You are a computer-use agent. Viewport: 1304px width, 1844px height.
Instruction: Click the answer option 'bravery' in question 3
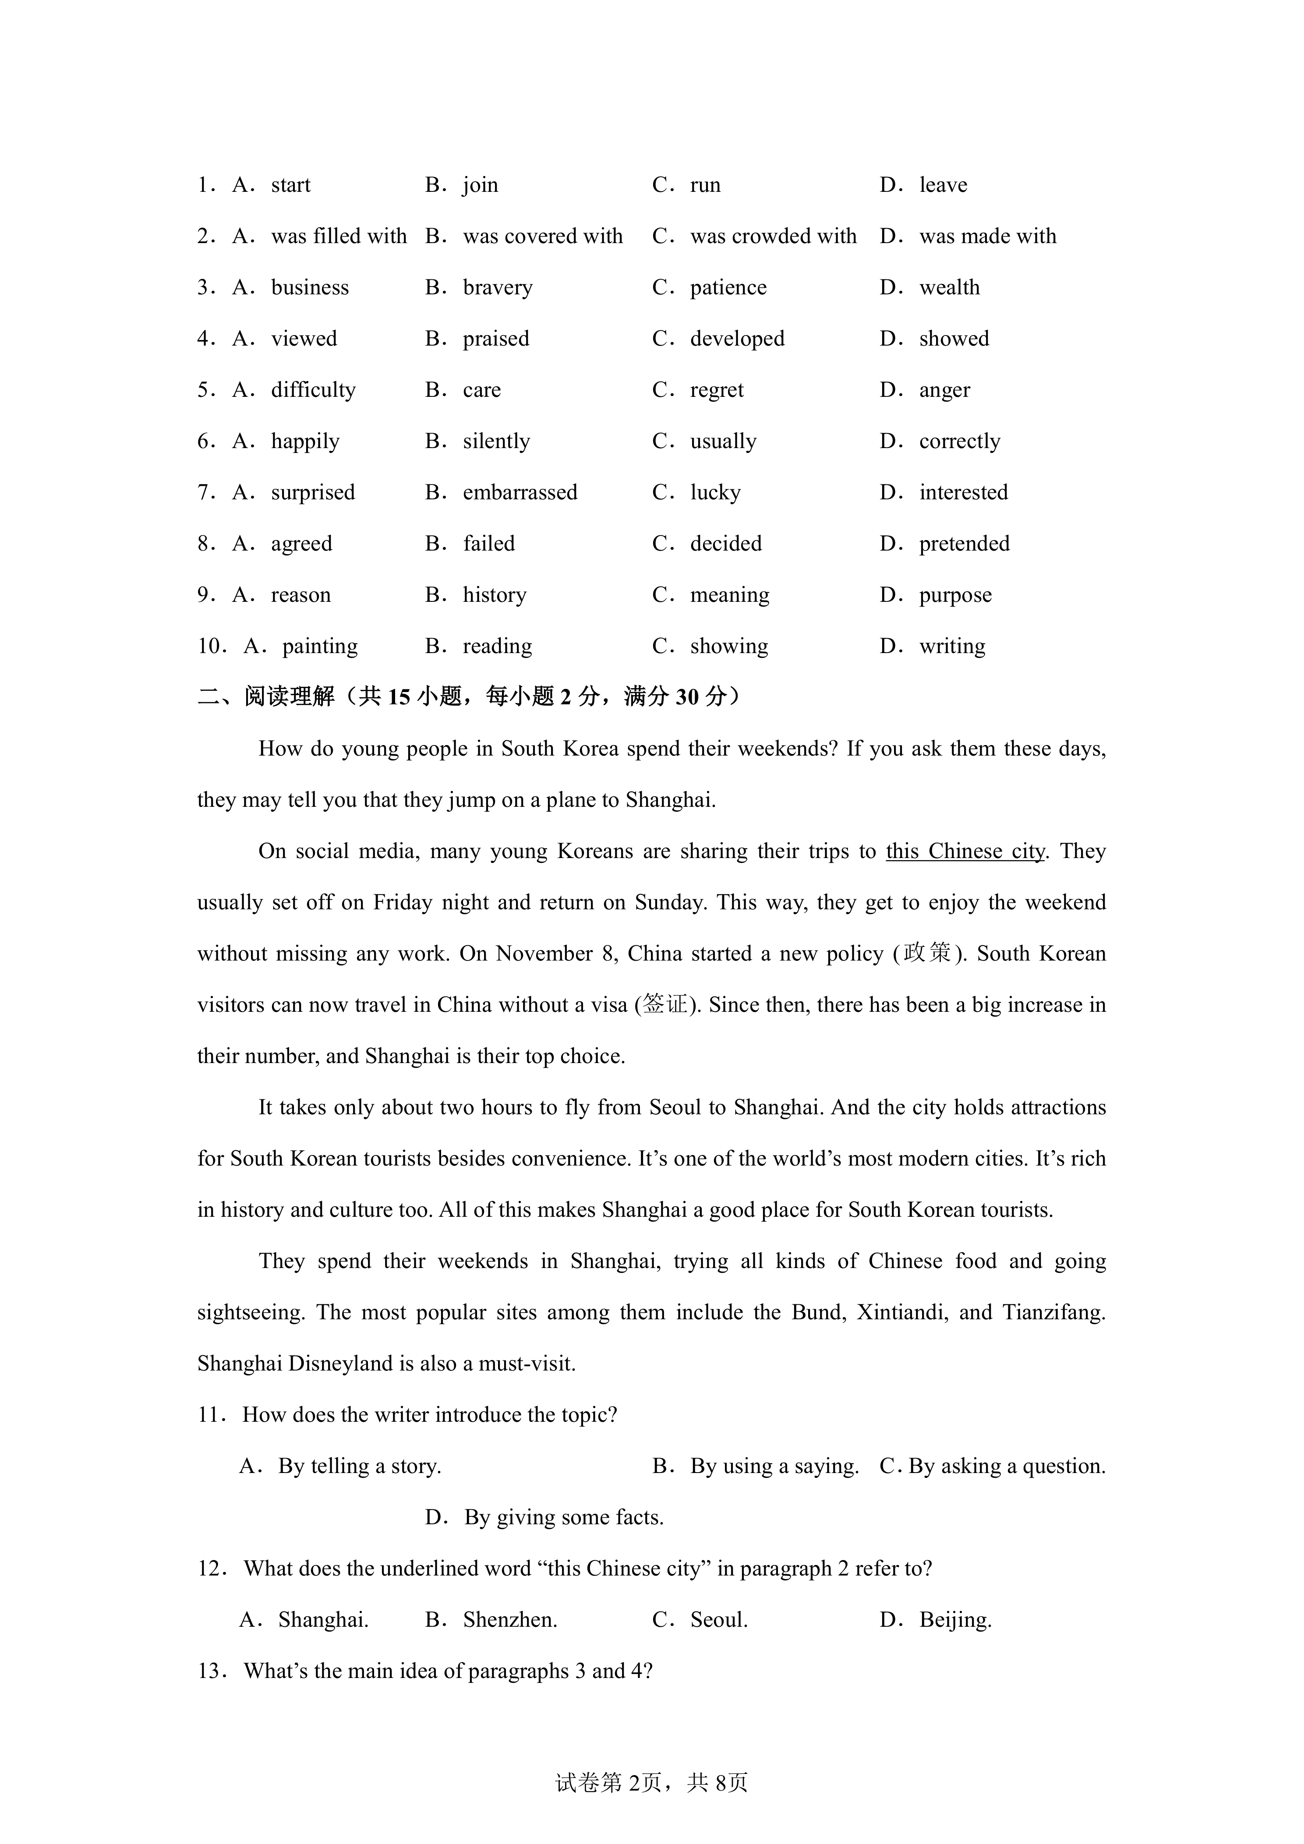pos(497,287)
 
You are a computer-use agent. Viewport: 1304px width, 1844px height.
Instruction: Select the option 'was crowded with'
pos(772,236)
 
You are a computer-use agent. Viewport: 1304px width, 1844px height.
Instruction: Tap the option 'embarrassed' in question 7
pos(519,492)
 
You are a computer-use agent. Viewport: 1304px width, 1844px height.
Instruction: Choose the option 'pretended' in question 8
pos(964,544)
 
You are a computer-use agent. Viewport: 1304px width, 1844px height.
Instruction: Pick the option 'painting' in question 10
pos(320,646)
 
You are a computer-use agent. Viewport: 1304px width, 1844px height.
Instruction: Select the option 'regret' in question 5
pos(716,390)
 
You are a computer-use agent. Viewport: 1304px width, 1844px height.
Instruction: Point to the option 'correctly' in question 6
pos(960,442)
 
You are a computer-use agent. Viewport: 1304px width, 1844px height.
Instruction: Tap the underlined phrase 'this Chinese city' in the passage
pos(965,851)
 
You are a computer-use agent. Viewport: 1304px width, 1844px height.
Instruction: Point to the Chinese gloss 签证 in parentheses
pos(666,1005)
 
